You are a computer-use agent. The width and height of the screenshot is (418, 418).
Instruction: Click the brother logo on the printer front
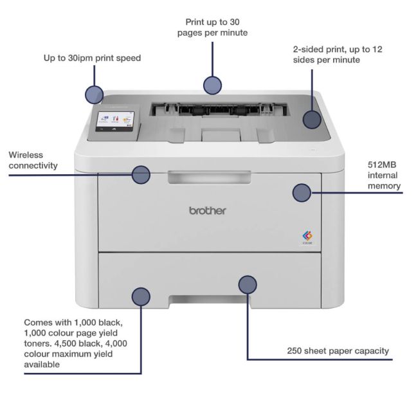tap(207, 210)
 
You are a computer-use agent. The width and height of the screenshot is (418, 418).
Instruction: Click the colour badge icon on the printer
tap(307, 236)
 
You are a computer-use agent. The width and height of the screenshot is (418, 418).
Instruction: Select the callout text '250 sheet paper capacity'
tap(338, 350)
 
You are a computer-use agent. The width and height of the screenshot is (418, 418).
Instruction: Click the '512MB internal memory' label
tap(384, 175)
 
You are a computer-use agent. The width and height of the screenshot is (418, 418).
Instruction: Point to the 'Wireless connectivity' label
tap(33, 160)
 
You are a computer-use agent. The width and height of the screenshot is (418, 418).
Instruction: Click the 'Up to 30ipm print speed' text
tap(92, 58)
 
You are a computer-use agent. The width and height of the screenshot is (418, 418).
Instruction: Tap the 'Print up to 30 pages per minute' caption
tap(212, 27)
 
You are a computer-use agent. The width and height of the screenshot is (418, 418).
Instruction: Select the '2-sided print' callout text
tap(337, 54)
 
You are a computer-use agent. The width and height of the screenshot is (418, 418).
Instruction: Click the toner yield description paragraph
tap(75, 343)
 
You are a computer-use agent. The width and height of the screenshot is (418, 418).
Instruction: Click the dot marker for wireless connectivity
tap(141, 174)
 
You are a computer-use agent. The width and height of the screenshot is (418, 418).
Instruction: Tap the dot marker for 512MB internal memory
tap(302, 192)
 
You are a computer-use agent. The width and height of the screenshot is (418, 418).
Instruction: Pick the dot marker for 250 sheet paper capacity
tap(248, 284)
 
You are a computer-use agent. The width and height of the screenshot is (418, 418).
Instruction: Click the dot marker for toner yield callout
tap(141, 296)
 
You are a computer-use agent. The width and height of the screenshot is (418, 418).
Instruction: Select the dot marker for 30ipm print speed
tap(94, 95)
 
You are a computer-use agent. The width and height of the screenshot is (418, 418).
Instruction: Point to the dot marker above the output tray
tap(212, 84)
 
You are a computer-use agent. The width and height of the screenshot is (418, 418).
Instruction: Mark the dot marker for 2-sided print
tap(312, 119)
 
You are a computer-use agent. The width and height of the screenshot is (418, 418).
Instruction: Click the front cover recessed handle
tap(208, 177)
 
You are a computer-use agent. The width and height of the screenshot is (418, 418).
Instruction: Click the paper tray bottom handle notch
tap(208, 299)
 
